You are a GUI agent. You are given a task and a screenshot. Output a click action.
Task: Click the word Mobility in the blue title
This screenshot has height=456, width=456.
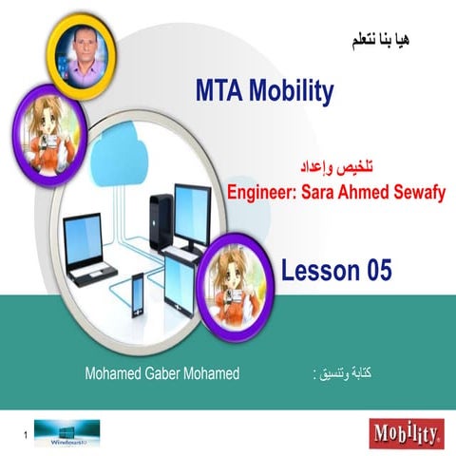point(291,92)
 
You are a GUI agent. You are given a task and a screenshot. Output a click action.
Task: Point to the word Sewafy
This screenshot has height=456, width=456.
point(416,191)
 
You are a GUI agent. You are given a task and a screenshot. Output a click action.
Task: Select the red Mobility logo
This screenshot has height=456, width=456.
point(406,434)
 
